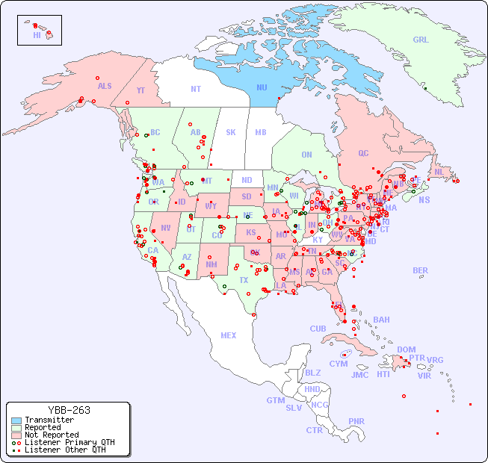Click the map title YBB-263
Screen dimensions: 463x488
(69, 410)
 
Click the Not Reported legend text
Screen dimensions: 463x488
(52, 435)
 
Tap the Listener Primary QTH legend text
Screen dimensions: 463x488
(70, 442)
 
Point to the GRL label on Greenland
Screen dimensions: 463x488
(421, 40)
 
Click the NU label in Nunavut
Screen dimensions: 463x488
(262, 87)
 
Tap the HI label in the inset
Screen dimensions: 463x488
(37, 35)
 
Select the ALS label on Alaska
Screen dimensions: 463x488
(105, 86)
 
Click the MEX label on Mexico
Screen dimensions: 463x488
(229, 335)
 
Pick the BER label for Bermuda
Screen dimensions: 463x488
(421, 270)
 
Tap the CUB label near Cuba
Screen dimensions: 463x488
(318, 329)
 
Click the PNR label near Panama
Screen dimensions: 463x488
(356, 421)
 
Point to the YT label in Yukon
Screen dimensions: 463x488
(140, 90)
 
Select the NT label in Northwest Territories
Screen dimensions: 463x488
(195, 88)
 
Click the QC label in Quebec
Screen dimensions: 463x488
(363, 153)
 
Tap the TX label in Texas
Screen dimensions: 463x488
(244, 280)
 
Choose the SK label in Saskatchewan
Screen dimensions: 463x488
(231, 132)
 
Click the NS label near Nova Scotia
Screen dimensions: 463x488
(424, 199)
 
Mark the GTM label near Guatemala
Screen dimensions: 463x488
(275, 400)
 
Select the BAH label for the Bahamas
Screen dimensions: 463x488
(381, 320)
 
